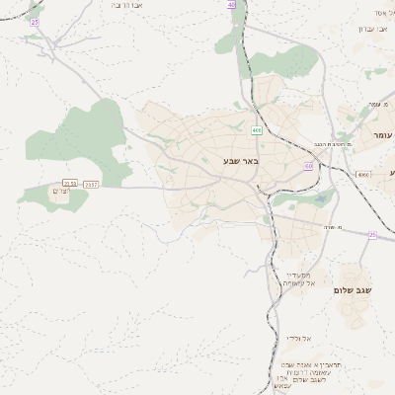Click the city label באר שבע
click(240, 160)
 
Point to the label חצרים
click(60, 191)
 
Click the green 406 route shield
click(257, 130)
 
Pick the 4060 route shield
click(363, 174)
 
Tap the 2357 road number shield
click(91, 184)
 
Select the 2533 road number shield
click(69, 184)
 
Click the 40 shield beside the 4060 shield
click(308, 166)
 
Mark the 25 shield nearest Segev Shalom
click(372, 234)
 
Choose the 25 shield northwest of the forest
click(35, 21)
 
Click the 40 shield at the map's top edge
click(231, 5)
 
